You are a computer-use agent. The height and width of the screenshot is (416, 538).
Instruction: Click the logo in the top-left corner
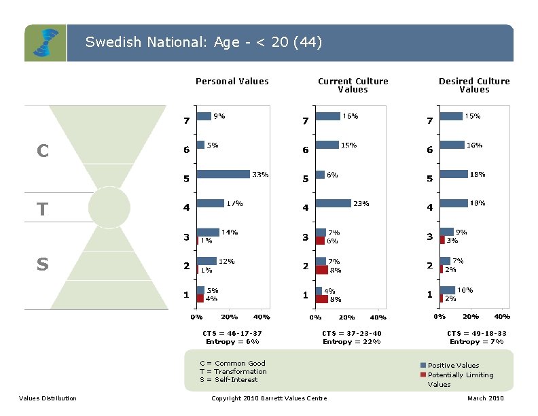click(x=46, y=44)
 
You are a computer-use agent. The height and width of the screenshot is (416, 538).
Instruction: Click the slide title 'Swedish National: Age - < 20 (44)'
click(x=204, y=43)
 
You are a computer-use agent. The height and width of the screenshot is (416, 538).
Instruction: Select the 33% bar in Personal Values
click(x=223, y=175)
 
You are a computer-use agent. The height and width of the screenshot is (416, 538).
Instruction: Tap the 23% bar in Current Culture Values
click(x=333, y=203)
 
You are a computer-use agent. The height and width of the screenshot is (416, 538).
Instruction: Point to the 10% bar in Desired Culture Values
click(x=447, y=290)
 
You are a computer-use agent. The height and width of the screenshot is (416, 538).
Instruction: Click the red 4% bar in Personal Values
click(x=200, y=298)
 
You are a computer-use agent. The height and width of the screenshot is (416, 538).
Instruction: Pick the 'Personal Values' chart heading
click(x=232, y=82)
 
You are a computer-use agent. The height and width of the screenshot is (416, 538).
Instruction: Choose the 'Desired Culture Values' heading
click(x=474, y=85)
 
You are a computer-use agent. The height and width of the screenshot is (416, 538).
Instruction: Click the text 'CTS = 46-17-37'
click(x=232, y=333)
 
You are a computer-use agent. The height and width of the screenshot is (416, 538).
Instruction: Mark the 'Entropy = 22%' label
click(x=352, y=341)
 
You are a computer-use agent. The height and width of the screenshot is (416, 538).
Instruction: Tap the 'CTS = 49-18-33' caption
click(x=477, y=333)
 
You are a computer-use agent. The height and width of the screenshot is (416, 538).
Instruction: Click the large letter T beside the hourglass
click(x=42, y=208)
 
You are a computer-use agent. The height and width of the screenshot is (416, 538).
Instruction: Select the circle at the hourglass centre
click(x=109, y=207)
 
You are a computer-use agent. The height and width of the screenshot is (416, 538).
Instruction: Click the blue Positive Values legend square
click(x=423, y=366)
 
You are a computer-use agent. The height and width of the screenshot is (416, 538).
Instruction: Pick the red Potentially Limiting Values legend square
click(x=423, y=375)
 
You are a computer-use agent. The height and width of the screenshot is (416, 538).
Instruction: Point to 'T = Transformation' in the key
click(x=233, y=372)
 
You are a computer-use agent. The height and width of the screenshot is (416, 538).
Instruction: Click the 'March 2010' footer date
click(x=486, y=398)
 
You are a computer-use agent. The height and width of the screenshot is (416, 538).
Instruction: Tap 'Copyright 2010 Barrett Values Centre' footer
click(x=269, y=398)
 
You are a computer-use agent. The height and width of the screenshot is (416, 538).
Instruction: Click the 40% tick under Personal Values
click(x=261, y=317)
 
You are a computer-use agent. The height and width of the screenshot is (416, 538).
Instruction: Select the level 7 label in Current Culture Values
click(x=306, y=121)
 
